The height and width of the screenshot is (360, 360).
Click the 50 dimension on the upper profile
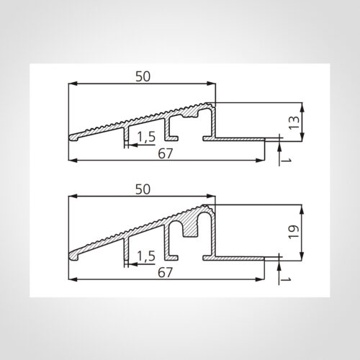tap(143, 76)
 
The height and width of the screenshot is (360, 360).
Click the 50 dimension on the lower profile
tap(143, 189)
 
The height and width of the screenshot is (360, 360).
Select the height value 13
tap(294, 123)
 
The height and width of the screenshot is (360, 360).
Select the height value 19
tap(294, 232)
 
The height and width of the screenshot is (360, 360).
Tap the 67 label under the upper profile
tap(166, 153)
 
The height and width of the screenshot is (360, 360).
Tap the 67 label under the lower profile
tap(165, 272)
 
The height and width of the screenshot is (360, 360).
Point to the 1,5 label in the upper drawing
tap(146, 137)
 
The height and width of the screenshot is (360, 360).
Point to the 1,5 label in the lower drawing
tap(146, 256)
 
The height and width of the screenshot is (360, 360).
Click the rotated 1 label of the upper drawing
tap(286, 161)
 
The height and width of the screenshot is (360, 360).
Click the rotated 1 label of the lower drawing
tap(286, 279)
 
